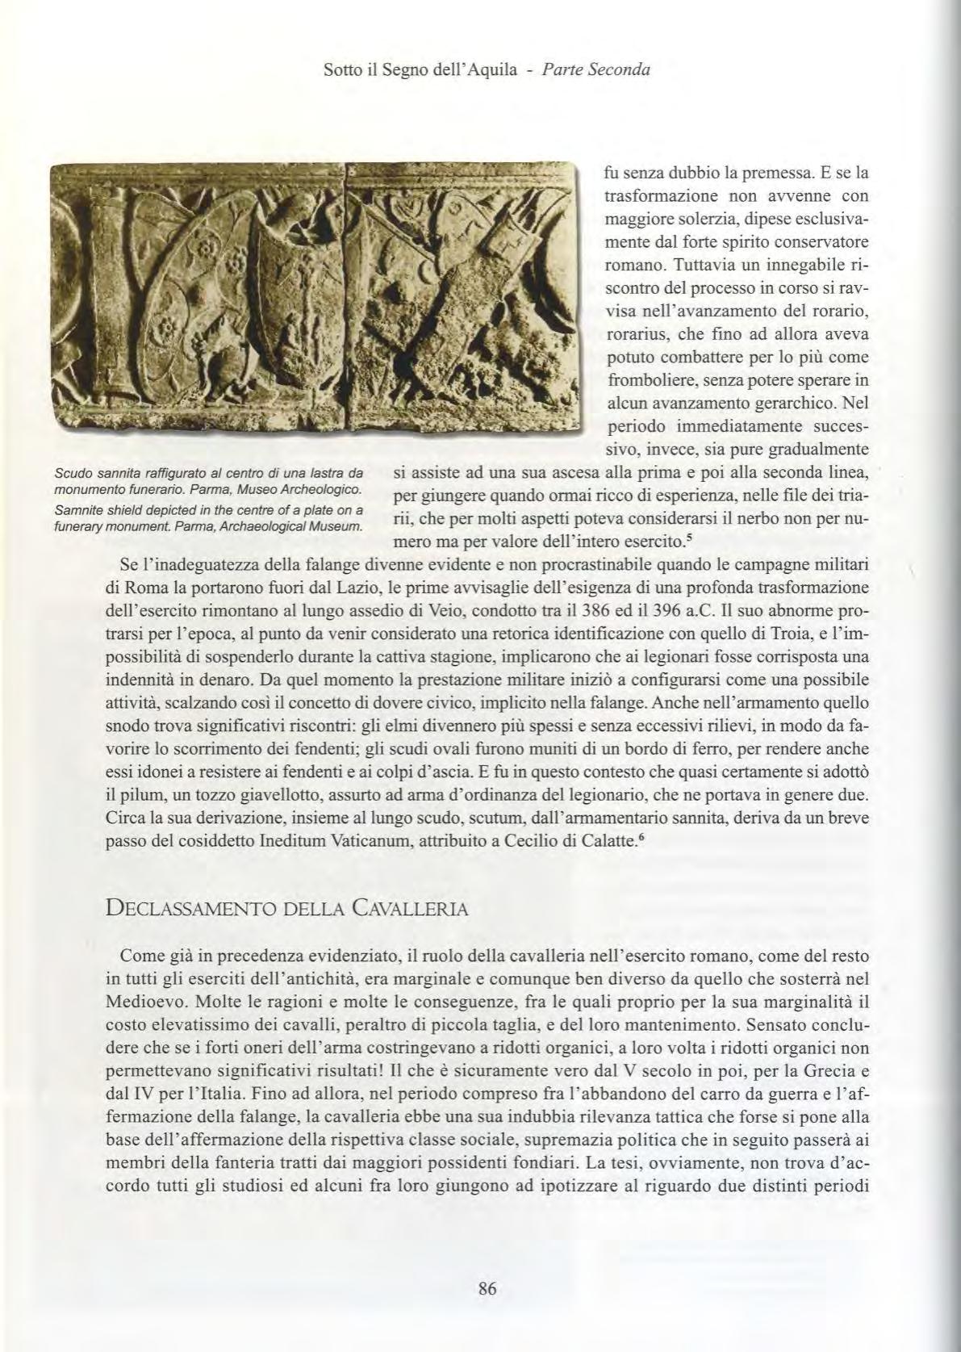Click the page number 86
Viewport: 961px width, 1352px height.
pyautogui.click(x=487, y=1288)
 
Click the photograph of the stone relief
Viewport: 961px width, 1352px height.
pyautogui.click(x=315, y=299)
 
